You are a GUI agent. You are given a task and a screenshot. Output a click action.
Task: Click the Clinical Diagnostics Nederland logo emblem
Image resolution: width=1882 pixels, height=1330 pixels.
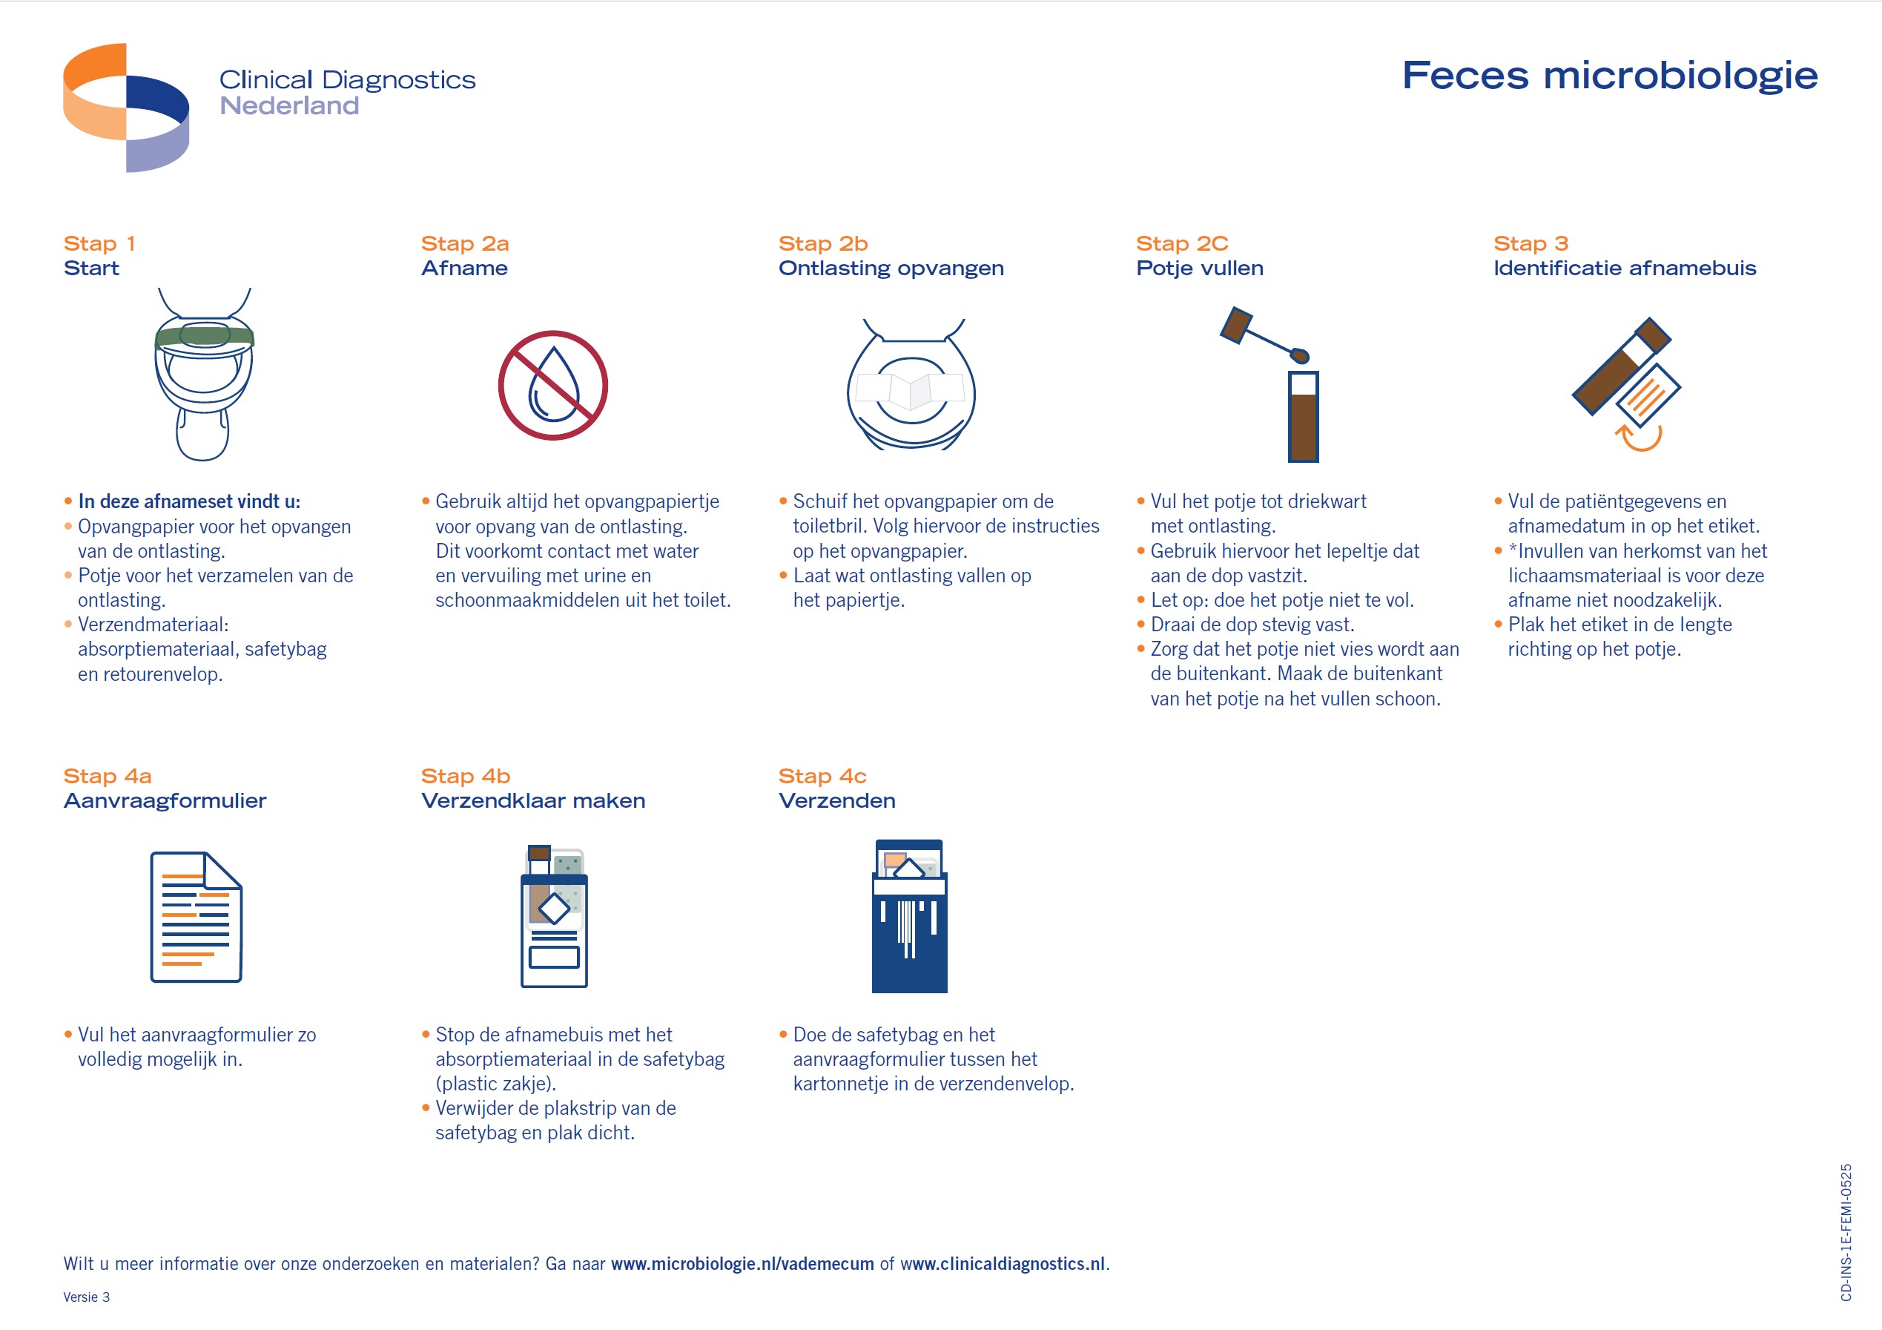point(125,108)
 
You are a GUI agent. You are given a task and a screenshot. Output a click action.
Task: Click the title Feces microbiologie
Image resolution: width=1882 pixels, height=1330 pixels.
point(1609,76)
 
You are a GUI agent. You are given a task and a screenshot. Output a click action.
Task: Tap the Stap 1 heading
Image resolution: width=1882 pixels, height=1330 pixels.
point(99,243)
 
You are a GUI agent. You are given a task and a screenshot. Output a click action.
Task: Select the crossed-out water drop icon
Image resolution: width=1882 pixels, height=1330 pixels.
point(553,386)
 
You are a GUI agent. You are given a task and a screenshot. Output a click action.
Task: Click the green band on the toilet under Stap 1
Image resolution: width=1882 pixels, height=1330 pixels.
point(204,336)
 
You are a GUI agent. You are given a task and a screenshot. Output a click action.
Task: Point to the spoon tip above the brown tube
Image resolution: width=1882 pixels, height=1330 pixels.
point(1299,355)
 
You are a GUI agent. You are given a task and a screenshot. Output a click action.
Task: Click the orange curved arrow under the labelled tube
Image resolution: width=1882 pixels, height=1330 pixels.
point(1639,438)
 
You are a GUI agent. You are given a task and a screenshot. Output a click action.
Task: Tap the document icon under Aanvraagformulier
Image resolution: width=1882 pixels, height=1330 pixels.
point(196,917)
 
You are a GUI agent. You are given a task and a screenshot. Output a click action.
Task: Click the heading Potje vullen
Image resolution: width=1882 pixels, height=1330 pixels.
point(1199,268)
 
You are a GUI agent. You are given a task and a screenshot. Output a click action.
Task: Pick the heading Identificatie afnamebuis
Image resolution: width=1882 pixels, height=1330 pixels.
point(1624,268)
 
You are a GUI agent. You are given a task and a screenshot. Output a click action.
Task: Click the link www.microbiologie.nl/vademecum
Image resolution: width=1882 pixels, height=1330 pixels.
point(742,1263)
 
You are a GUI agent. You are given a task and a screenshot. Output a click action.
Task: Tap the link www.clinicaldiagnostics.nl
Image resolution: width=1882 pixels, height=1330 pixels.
point(1002,1263)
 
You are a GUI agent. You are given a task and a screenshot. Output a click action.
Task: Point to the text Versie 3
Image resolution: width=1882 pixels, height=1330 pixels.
point(86,1297)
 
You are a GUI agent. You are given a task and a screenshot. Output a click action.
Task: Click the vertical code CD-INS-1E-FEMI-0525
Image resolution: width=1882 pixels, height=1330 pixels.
point(1846,1231)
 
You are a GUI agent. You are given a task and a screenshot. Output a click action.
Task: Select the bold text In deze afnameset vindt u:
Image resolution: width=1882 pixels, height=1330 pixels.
point(189,501)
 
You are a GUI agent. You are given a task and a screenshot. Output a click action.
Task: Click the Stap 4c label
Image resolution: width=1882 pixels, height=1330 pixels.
point(822,776)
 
